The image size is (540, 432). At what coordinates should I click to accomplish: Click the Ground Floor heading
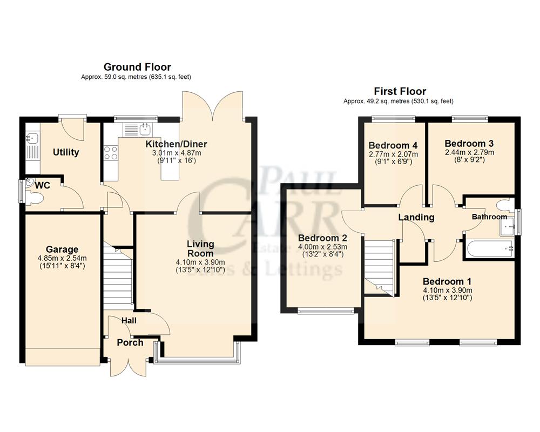[x=137, y=67]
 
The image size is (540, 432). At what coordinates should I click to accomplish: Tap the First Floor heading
[x=400, y=91]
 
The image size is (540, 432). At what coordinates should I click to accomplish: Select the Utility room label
[x=66, y=152]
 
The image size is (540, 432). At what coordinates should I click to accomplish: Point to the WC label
[x=43, y=185]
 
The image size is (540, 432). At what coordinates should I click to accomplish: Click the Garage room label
[x=62, y=249]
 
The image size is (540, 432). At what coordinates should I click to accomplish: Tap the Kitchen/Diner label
[x=176, y=144]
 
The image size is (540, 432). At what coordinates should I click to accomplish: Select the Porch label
[x=130, y=342]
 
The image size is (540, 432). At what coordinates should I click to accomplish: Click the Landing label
[x=416, y=218]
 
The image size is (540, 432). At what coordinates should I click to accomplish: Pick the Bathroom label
[x=489, y=217]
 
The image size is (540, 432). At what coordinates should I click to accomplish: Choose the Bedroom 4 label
[x=393, y=145]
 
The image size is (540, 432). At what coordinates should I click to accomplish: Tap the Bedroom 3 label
[x=469, y=144]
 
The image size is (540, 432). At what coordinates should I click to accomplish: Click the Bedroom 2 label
[x=322, y=238]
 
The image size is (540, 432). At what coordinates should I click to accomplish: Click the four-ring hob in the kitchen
[x=111, y=153]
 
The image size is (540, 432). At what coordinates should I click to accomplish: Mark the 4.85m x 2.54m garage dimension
[x=62, y=258]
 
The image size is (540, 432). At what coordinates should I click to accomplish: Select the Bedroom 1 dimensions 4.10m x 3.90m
[x=448, y=290]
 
